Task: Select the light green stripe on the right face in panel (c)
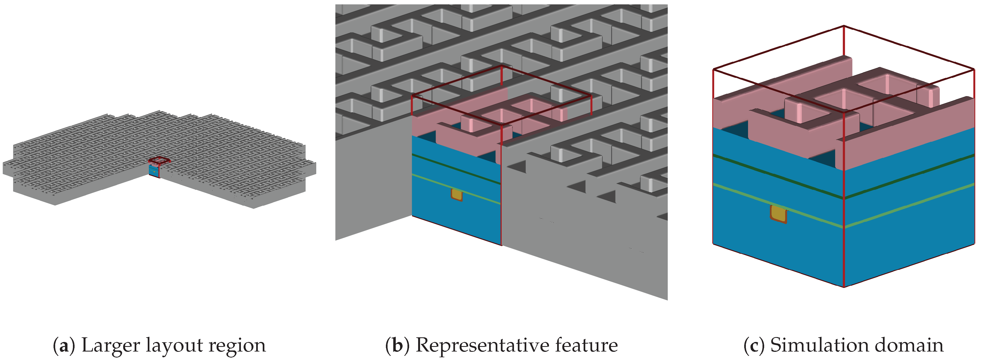click(910, 205)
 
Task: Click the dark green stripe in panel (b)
click(457, 169)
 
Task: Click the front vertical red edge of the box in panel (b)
click(501, 183)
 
